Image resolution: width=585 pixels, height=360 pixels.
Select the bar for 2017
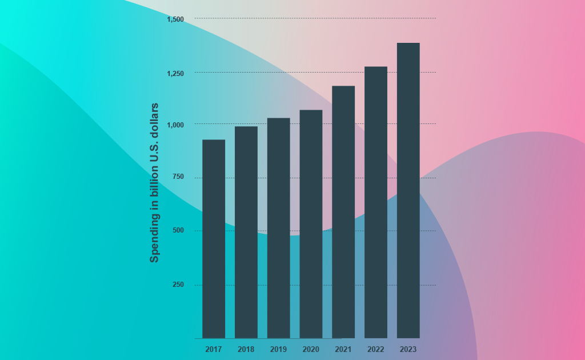pos(214,239)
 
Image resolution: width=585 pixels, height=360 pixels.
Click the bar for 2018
pos(246,232)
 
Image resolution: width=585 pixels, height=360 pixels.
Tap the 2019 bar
pos(278,228)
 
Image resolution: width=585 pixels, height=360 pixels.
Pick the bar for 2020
pos(311,224)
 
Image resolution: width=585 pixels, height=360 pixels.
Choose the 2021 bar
pos(343,212)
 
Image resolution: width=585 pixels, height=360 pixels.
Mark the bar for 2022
pos(376,202)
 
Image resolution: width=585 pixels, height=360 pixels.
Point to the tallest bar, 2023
pos(408,190)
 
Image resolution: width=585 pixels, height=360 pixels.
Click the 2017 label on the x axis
pos(214,350)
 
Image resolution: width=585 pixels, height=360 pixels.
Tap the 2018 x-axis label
pos(246,350)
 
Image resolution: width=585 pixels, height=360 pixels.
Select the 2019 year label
pos(278,350)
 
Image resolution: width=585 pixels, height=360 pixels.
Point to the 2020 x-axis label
pos(311,350)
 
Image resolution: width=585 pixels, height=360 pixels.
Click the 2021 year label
pos(343,350)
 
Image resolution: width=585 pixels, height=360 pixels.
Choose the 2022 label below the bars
pos(376,350)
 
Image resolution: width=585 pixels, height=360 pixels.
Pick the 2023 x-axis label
pos(408,350)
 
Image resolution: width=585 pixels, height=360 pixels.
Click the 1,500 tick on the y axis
pos(175,19)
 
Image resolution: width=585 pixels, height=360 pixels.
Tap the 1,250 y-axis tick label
pos(175,74)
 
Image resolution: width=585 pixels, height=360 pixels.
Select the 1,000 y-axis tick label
pos(175,125)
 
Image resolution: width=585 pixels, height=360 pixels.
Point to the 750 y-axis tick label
pos(178,177)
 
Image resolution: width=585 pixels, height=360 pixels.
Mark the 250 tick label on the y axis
pos(178,285)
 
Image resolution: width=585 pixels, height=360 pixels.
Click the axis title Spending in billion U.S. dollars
pos(154,183)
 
